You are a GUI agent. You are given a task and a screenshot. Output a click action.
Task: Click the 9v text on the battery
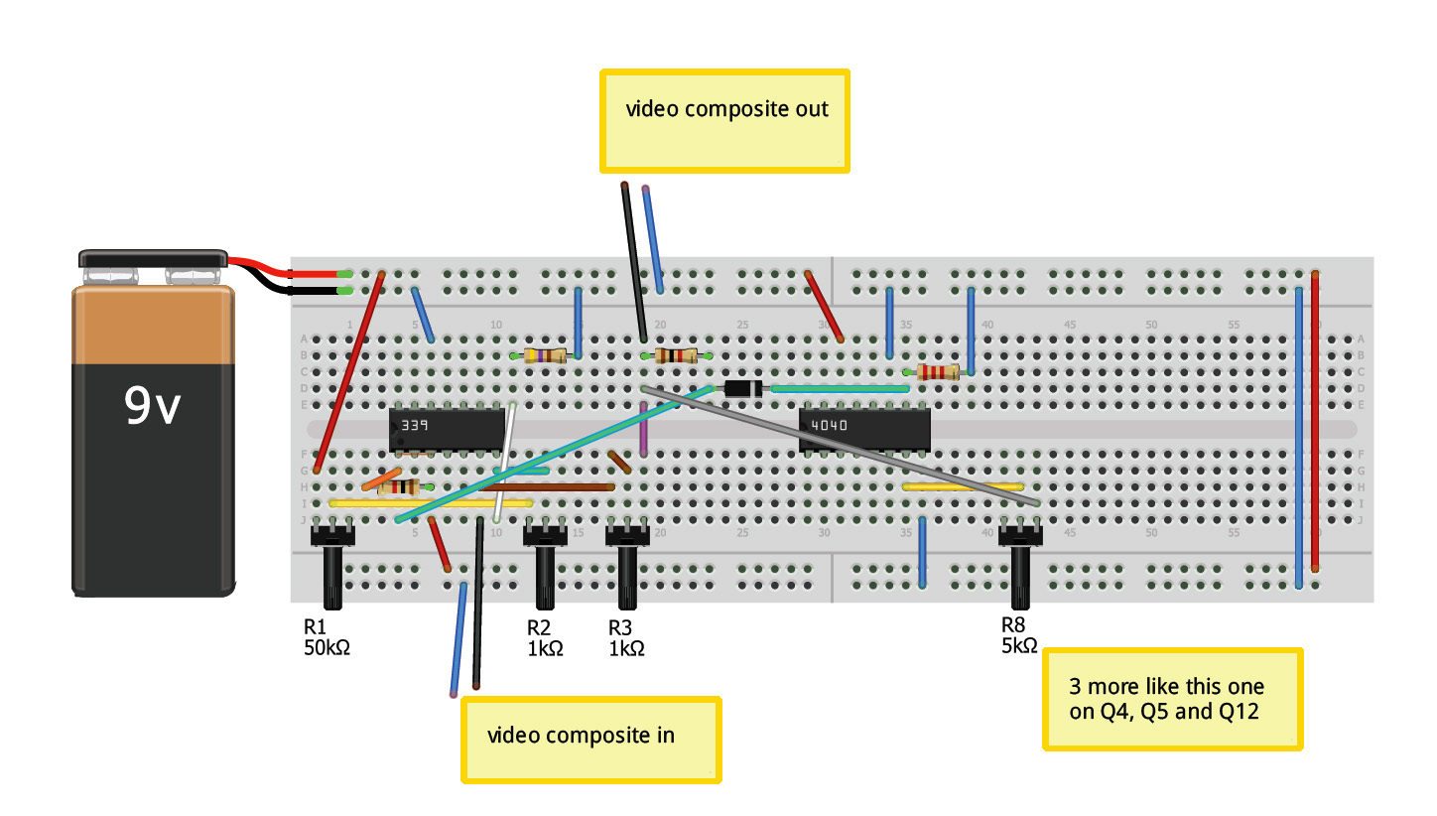pyautogui.click(x=152, y=406)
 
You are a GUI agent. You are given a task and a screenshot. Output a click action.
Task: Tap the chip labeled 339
pyautogui.click(x=447, y=430)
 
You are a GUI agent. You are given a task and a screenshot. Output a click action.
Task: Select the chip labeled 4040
pyautogui.click(x=864, y=430)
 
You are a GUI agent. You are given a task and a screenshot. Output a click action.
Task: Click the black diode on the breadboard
pyautogui.click(x=742, y=389)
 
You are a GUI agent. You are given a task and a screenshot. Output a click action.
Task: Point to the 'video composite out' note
pyautogui.click(x=725, y=121)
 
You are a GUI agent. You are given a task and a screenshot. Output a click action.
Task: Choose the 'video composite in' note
pyautogui.click(x=590, y=739)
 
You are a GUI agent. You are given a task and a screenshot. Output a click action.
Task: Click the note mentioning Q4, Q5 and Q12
pyautogui.click(x=1171, y=699)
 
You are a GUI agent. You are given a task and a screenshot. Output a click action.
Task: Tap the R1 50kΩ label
pyautogui.click(x=327, y=637)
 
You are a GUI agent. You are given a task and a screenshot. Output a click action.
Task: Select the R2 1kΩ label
pyautogui.click(x=545, y=637)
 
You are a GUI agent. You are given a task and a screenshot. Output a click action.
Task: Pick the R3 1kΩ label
pyautogui.click(x=626, y=637)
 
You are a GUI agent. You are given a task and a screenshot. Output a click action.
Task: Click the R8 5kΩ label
pyautogui.click(x=1019, y=635)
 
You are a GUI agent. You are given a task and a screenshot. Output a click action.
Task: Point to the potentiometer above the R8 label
pyautogui.click(x=1020, y=566)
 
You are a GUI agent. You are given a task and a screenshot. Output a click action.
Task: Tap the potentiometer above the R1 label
pyautogui.click(x=332, y=566)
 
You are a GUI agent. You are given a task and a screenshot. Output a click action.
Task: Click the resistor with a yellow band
pyautogui.click(x=545, y=355)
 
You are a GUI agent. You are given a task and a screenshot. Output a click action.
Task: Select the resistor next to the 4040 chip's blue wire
pyautogui.click(x=938, y=372)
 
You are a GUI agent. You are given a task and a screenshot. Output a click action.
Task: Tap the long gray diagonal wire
pyautogui.click(x=844, y=447)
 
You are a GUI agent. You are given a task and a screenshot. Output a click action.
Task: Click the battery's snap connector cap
pyautogui.click(x=154, y=260)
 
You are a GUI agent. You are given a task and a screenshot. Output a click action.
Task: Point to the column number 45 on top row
pyautogui.click(x=1070, y=325)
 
